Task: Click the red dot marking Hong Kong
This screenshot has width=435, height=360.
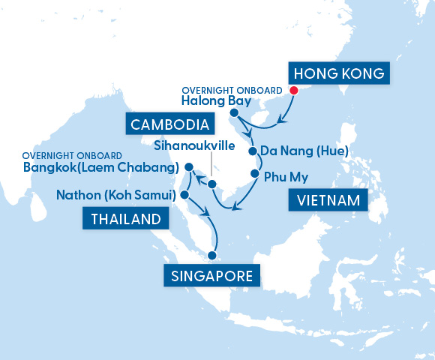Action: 293,91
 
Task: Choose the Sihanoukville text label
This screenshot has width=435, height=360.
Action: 194,145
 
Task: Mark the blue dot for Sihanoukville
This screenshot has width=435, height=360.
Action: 212,184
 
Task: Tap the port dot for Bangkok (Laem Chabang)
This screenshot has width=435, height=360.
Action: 188,167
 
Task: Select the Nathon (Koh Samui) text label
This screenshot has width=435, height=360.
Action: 115,195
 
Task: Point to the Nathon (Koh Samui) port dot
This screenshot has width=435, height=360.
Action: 184,195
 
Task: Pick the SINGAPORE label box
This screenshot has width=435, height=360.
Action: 212,275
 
